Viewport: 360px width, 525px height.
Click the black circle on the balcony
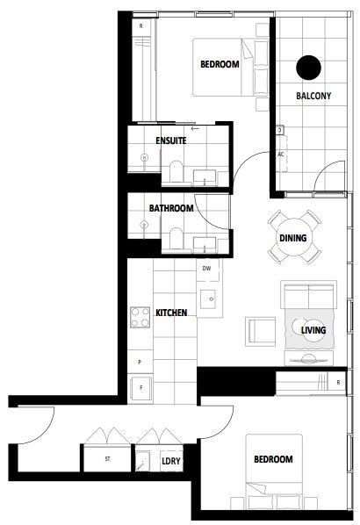(308, 68)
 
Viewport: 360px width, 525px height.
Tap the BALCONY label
(313, 96)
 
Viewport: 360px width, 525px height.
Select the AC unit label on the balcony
(281, 155)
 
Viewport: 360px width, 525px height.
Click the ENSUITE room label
(171, 140)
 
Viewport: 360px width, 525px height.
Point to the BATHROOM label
(171, 208)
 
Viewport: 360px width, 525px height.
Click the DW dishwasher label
(206, 268)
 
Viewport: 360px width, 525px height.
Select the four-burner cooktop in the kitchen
(140, 317)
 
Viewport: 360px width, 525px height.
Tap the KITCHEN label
(171, 313)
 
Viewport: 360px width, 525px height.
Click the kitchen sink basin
(208, 299)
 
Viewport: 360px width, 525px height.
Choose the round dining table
(293, 237)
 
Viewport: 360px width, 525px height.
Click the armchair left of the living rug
(260, 332)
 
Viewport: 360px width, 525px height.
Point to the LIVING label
(313, 330)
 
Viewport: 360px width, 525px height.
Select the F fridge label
(141, 388)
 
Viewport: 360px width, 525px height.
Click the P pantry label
(140, 362)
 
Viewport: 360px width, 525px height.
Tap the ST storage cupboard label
(107, 458)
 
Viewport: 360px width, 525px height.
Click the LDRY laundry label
(171, 461)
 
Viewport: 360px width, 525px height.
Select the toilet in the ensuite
(176, 172)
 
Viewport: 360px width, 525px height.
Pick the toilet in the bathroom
(176, 239)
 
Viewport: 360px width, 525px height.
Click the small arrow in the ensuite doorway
(195, 128)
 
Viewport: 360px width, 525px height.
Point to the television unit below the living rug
(308, 359)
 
